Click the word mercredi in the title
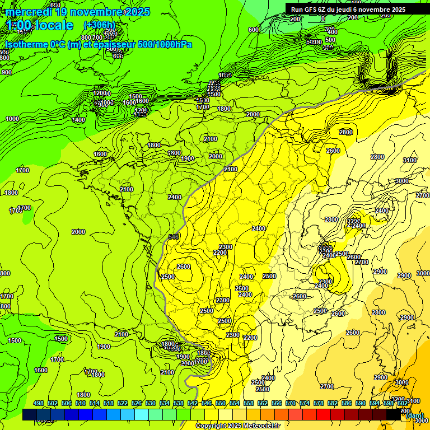(29, 12)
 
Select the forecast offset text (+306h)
(99, 25)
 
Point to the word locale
(53, 25)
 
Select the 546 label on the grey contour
(174, 237)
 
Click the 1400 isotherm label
(78, 120)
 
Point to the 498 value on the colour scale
(38, 403)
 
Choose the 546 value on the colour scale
(206, 403)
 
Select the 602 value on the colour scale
(402, 403)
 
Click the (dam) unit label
(414, 415)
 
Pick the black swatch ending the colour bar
(394, 414)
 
